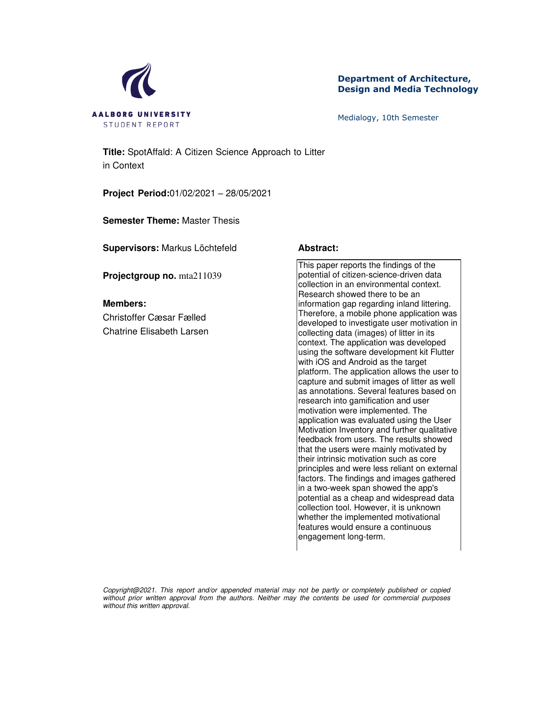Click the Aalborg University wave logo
coord(139,81)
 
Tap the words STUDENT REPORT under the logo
coord(141,125)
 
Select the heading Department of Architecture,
coord(404,79)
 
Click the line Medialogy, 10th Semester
coord(388,118)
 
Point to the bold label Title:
coord(114,152)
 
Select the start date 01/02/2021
coord(192,193)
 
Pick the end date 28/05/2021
coord(249,193)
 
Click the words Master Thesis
coord(211,221)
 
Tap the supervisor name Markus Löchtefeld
coord(199,248)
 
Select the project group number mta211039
coord(200,276)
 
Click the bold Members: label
coord(124,304)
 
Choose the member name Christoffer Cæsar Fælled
coord(154,317)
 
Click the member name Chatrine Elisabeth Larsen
coord(156,331)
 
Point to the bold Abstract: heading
coord(318,248)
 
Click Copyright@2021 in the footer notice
coord(129,590)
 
